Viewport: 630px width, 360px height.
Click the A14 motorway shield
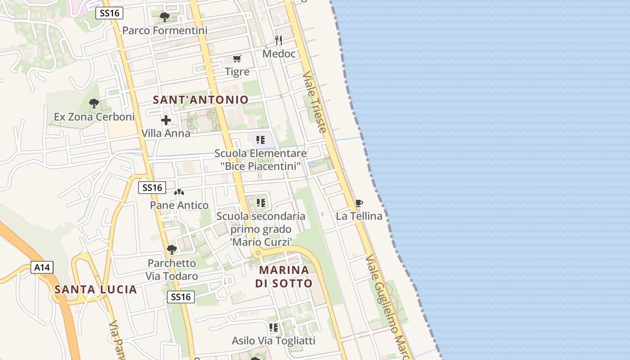42,267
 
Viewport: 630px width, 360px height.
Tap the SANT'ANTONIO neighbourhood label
201,99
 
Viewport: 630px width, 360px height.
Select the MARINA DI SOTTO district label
284,276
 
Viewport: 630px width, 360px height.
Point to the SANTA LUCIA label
96,289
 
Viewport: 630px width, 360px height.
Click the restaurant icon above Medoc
279,40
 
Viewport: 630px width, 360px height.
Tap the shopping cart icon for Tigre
237,58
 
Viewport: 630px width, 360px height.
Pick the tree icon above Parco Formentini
165,17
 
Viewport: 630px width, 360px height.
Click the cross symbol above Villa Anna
166,120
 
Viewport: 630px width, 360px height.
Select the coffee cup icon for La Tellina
359,203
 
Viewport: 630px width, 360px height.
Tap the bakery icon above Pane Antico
179,192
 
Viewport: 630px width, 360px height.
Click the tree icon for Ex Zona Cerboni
94,103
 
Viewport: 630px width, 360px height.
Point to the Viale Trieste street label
315,102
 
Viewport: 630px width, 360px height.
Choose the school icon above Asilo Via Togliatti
274,328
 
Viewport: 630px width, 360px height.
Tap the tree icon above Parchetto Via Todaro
171,250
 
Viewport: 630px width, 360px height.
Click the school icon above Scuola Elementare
261,140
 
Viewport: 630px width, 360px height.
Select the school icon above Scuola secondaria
261,203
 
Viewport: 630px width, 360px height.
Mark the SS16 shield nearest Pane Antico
152,188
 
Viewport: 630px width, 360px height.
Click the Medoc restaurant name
279,54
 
